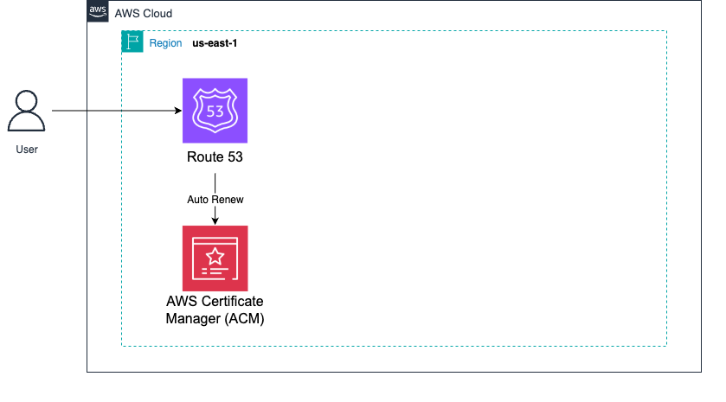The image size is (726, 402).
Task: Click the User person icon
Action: pos(27,113)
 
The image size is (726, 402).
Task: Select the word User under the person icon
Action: pos(27,150)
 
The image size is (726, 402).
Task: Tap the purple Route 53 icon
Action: pos(215,110)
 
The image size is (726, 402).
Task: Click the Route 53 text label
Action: pos(215,157)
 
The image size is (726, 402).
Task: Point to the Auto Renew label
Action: pos(215,199)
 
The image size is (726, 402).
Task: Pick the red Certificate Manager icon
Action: pos(215,258)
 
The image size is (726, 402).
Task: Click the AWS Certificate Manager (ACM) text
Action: pos(215,309)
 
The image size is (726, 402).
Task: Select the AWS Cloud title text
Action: pos(144,14)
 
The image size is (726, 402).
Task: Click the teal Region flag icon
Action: pos(132,42)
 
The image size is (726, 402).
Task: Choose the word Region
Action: pos(165,42)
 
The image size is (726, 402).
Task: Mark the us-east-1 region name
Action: pos(215,42)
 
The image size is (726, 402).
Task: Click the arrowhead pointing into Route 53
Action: pos(177,111)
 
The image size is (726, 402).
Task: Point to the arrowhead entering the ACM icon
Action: pos(215,221)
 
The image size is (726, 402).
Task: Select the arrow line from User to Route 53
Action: pos(112,111)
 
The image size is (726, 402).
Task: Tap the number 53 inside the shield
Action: pos(215,112)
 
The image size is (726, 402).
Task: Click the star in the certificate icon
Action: pos(215,256)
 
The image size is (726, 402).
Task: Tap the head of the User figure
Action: pos(27,101)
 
